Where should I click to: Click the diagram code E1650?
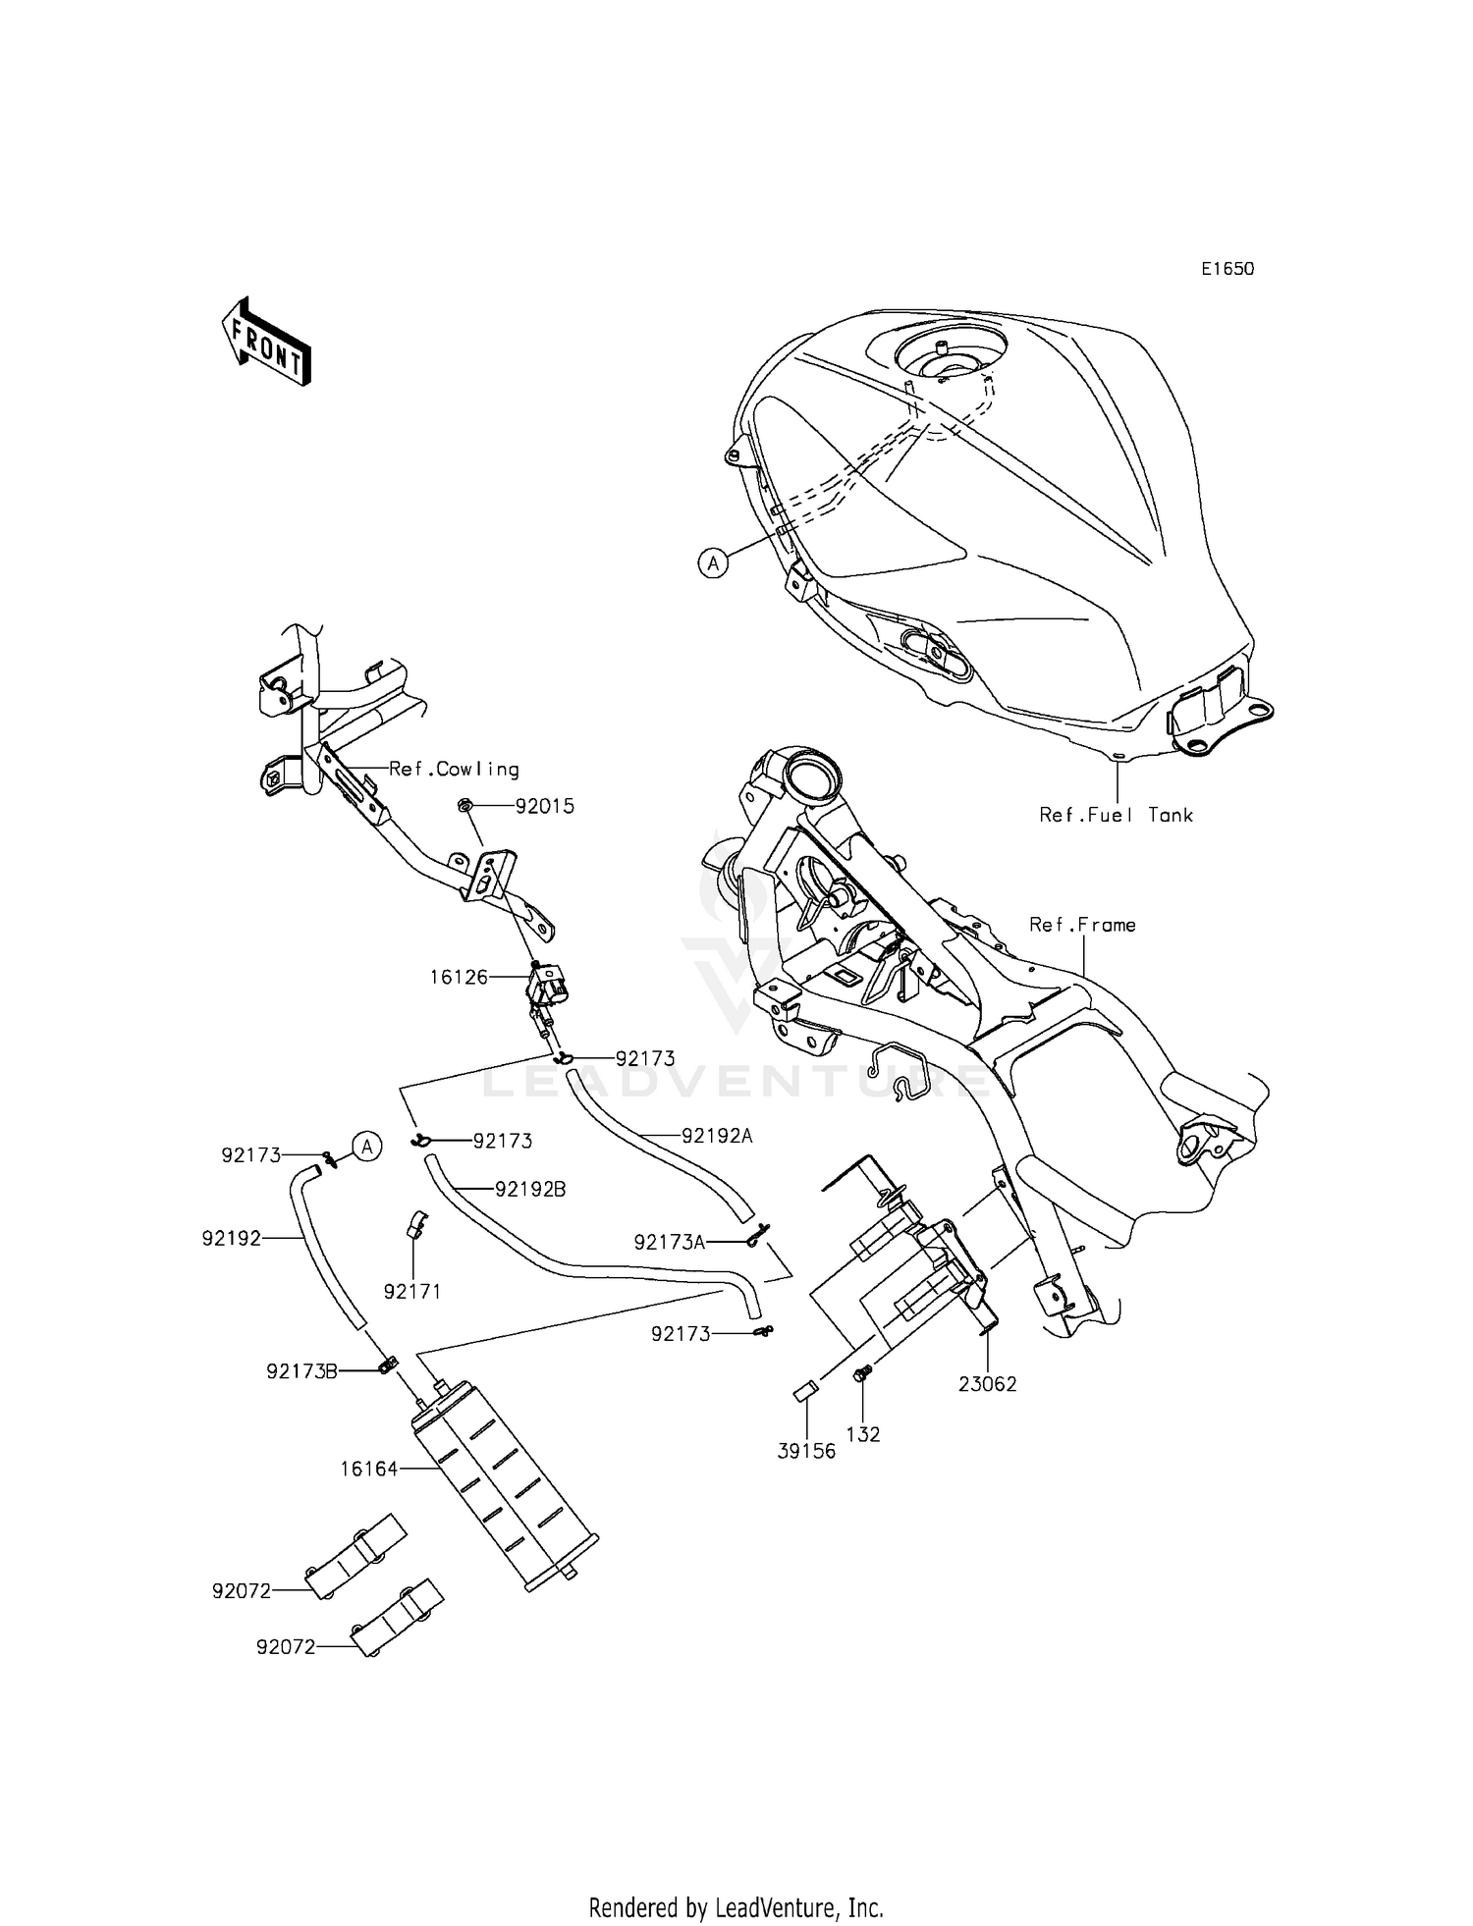coord(1227,269)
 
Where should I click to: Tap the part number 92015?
coord(545,807)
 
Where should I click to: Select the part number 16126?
coord(459,978)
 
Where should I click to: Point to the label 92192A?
coord(717,1136)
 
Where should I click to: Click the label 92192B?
coord(530,1189)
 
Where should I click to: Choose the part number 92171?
coord(412,1292)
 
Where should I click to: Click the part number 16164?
coord(369,1469)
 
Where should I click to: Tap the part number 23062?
coord(988,1384)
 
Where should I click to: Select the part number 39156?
coord(806,1451)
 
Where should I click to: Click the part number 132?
coord(863,1434)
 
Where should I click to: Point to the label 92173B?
coord(301,1371)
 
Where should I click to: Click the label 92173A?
coord(670,1243)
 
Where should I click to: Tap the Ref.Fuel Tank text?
coord(1117,815)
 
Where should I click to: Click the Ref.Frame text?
coord(1082,925)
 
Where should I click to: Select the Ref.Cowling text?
coord(454,770)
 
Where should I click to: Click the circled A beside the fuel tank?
coord(714,562)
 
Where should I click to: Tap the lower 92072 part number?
coord(286,1647)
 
